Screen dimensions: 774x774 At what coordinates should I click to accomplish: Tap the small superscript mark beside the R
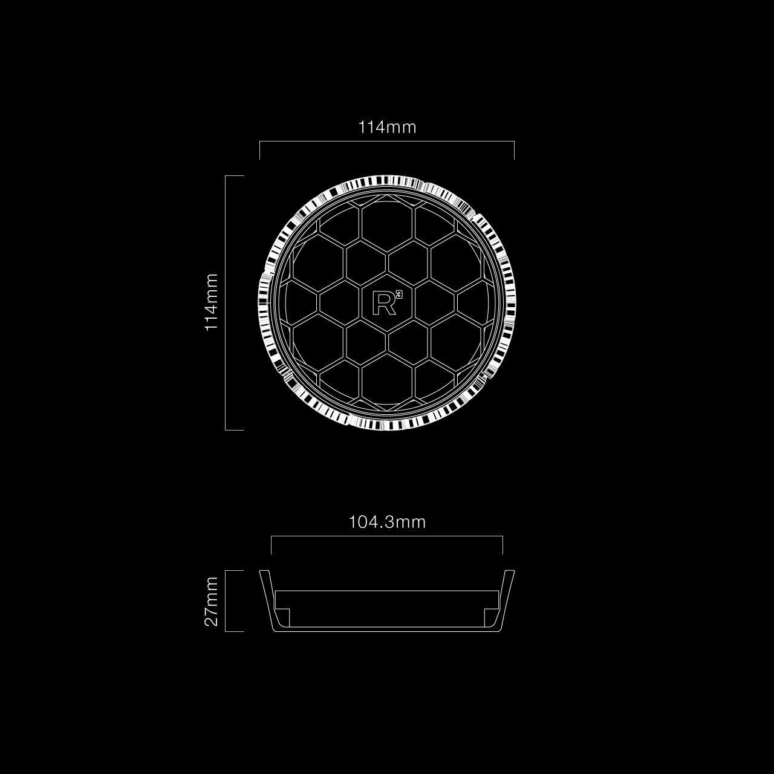tap(399, 295)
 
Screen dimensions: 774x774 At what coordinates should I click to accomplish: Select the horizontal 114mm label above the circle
tap(387, 128)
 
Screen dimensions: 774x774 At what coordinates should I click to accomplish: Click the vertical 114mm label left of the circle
tap(212, 302)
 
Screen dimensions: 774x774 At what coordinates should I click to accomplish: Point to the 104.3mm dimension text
tap(387, 522)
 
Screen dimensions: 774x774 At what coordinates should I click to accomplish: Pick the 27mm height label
tap(212, 601)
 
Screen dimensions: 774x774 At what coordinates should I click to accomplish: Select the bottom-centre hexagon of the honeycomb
tap(387, 379)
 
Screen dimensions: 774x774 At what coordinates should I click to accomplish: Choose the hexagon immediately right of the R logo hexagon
tap(435, 302)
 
